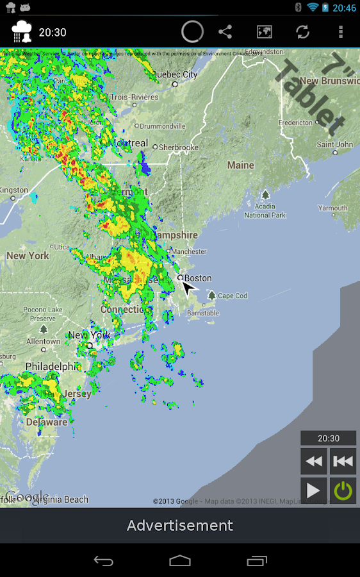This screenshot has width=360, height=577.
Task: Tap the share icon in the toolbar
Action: point(225,31)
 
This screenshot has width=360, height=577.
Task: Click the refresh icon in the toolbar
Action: point(302,31)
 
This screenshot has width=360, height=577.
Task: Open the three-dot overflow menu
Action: point(341,31)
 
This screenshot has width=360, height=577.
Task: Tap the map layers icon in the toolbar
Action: point(264,31)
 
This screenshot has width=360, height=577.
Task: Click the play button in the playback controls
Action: point(313,490)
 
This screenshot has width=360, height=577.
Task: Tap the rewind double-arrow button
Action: point(313,461)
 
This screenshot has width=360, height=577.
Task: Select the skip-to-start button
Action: point(343,461)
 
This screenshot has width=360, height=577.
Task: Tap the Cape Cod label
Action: point(232,296)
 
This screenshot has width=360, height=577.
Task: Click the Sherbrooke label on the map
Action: point(179,147)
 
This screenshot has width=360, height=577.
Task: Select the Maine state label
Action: point(241,165)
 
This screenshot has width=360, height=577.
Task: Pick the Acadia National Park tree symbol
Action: point(265,194)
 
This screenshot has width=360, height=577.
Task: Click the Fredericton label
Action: point(295,122)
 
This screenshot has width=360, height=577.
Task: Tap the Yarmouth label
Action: point(332,208)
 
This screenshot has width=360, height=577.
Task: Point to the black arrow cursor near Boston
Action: point(188,287)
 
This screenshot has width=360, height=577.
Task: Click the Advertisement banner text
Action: point(180,526)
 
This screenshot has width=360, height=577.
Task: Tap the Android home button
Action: point(180,560)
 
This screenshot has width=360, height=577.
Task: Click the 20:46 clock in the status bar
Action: point(344,8)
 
